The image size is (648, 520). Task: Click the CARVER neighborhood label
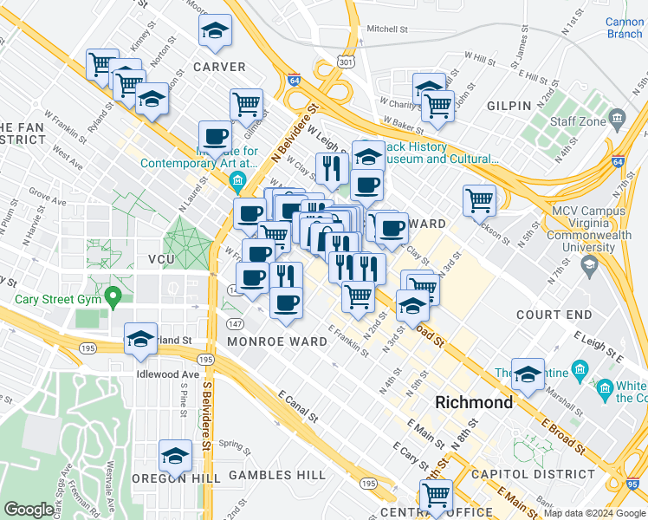click(x=219, y=67)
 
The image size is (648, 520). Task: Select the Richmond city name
click(x=473, y=403)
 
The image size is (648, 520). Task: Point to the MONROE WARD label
click(x=277, y=341)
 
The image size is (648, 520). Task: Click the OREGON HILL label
click(x=172, y=478)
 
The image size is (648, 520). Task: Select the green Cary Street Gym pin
click(x=112, y=300)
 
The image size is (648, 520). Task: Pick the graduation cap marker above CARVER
click(x=215, y=31)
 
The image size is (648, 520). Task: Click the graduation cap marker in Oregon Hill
click(x=175, y=455)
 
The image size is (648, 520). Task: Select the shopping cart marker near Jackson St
click(x=479, y=199)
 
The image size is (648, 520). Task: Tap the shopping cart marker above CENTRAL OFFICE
click(x=436, y=496)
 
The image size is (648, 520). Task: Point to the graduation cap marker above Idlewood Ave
click(x=140, y=340)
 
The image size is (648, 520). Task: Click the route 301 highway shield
click(x=347, y=62)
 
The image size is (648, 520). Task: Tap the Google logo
click(x=29, y=510)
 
